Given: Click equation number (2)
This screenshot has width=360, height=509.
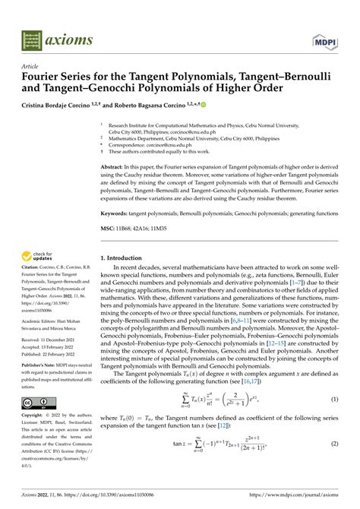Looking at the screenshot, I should (335, 465).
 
